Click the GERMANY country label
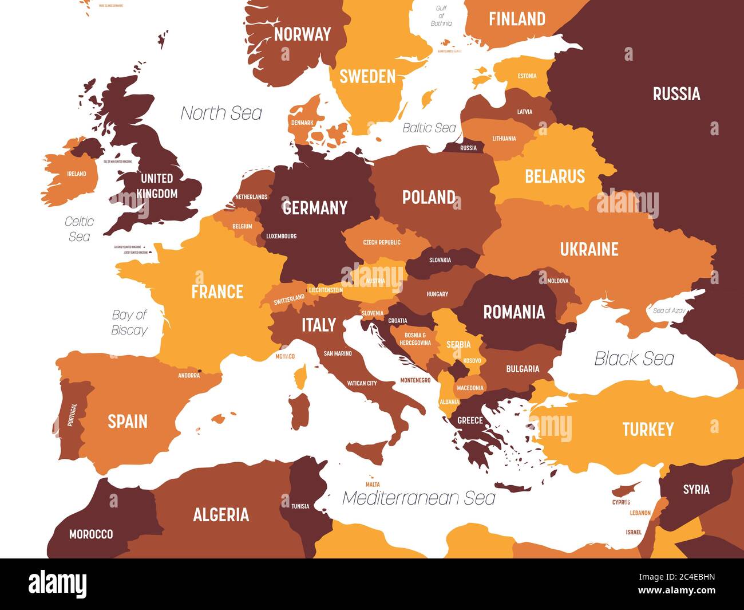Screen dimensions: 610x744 click(315, 207)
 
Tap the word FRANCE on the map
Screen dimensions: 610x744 click(217, 292)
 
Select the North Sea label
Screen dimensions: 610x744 click(221, 113)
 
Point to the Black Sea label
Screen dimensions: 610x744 click(634, 359)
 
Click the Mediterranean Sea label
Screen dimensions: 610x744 click(418, 498)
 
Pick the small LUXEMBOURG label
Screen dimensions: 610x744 click(281, 236)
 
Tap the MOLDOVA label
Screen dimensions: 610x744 click(557, 281)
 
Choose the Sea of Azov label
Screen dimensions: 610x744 click(669, 310)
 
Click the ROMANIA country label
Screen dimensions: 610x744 click(514, 312)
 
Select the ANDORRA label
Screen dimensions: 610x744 click(189, 376)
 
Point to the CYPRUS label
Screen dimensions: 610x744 click(621, 502)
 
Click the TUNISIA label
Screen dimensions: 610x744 click(300, 506)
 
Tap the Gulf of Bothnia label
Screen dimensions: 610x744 click(441, 16)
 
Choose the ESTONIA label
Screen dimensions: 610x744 click(527, 76)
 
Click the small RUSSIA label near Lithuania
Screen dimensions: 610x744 click(468, 148)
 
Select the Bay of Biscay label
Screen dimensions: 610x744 click(129, 322)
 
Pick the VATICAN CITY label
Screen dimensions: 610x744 click(362, 383)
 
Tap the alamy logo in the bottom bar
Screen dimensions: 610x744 click(58, 584)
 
